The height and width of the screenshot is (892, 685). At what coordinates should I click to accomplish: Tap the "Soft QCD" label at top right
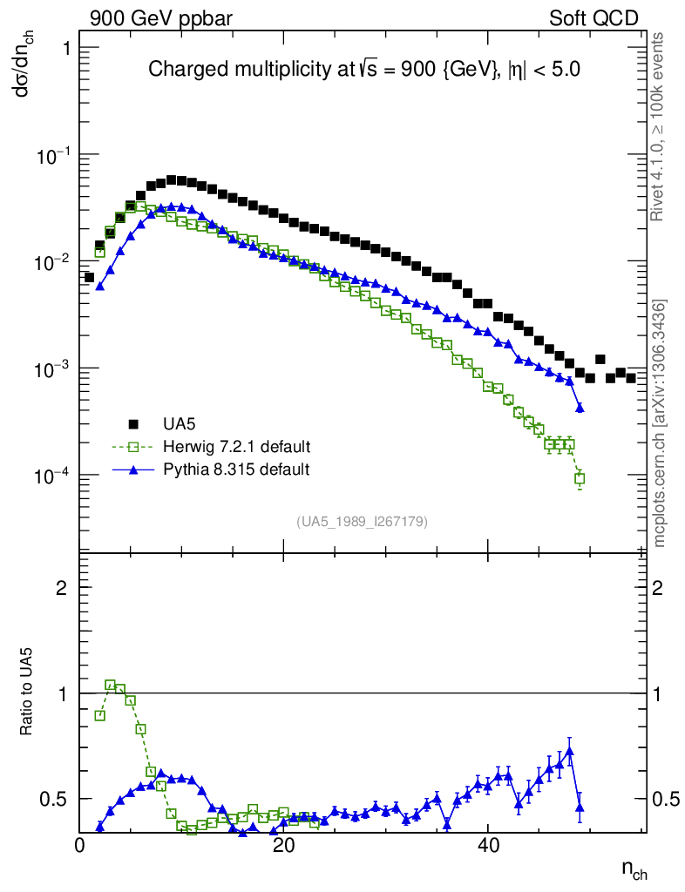[593, 18]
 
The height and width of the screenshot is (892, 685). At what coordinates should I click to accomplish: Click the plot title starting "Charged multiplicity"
[363, 70]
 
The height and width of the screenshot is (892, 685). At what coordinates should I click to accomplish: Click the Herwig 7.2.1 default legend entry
[236, 447]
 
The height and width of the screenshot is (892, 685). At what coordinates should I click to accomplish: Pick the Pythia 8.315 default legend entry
[235, 470]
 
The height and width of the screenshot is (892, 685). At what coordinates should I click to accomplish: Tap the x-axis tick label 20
[283, 847]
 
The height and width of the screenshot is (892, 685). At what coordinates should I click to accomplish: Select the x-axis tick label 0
[79, 847]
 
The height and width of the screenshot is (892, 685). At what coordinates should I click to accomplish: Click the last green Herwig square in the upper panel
[580, 478]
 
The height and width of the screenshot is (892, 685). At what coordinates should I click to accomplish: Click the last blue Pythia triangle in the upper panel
[580, 408]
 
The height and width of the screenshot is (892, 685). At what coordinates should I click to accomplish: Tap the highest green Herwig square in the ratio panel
[110, 686]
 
